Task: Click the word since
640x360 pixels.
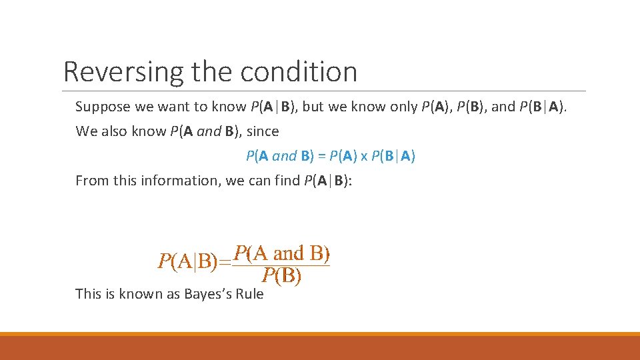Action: pos(263,131)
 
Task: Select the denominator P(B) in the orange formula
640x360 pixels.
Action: pos(281,275)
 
